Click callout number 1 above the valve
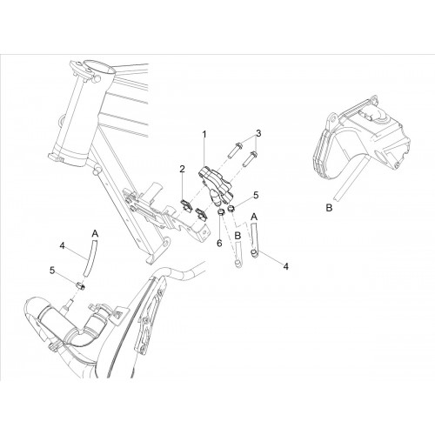coord(204,135)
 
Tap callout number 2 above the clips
coord(182,169)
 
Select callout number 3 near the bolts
coord(258,133)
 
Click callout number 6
coord(219,244)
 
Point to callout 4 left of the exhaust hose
coord(62,246)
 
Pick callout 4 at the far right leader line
coord(285,266)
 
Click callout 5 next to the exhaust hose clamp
coord(52,271)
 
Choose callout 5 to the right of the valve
coord(256,195)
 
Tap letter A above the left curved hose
coord(96,234)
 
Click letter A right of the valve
coord(254,217)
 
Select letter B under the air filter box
coord(329,208)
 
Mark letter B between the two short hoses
coord(238,236)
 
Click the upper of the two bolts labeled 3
coord(234,151)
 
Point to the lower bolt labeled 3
coord(249,159)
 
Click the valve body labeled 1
coord(216,184)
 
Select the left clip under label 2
coord(186,205)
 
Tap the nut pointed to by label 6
coord(221,212)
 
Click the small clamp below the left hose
coord(81,286)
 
